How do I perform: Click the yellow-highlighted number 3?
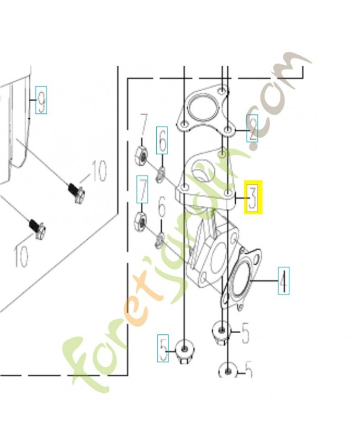[x=253, y=197]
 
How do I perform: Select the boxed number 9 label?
[x=41, y=101]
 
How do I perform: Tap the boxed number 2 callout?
[x=252, y=129]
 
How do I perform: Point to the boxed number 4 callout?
[x=283, y=281]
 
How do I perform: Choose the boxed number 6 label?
[x=162, y=140]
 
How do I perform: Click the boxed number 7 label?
[x=142, y=190]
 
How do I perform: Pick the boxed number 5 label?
[x=163, y=349]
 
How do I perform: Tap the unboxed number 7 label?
[x=144, y=127]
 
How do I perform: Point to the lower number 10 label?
[x=22, y=256]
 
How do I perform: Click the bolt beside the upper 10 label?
[x=76, y=192]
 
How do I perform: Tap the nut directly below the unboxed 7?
[x=142, y=154]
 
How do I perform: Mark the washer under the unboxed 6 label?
[x=160, y=240]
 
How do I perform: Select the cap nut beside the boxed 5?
[x=184, y=351]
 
